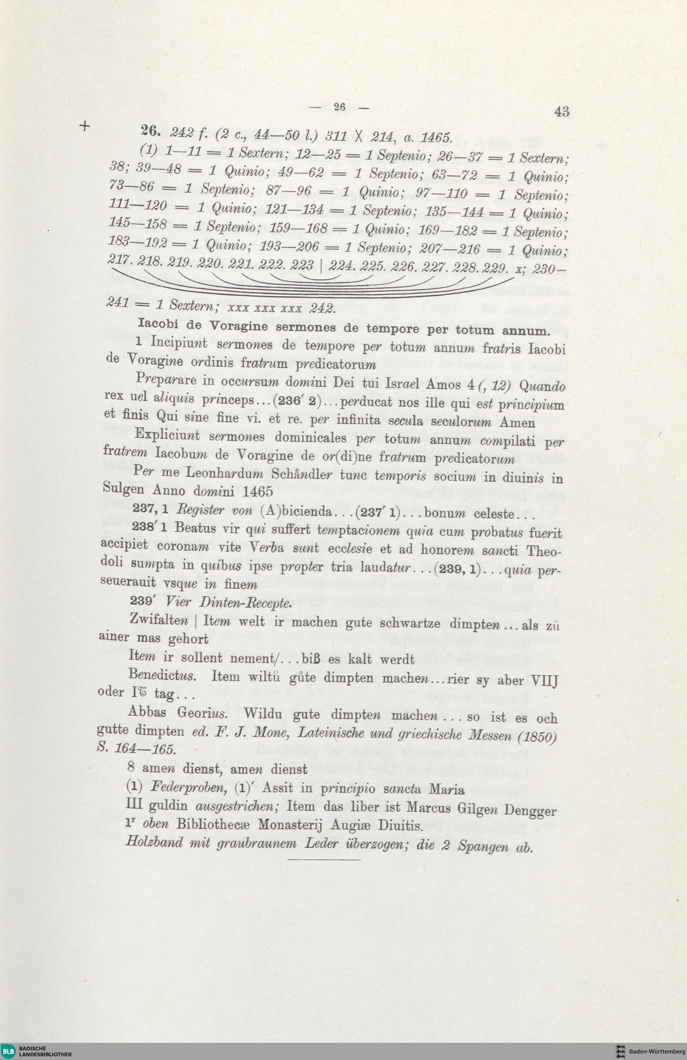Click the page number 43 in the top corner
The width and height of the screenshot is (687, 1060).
(562, 111)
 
